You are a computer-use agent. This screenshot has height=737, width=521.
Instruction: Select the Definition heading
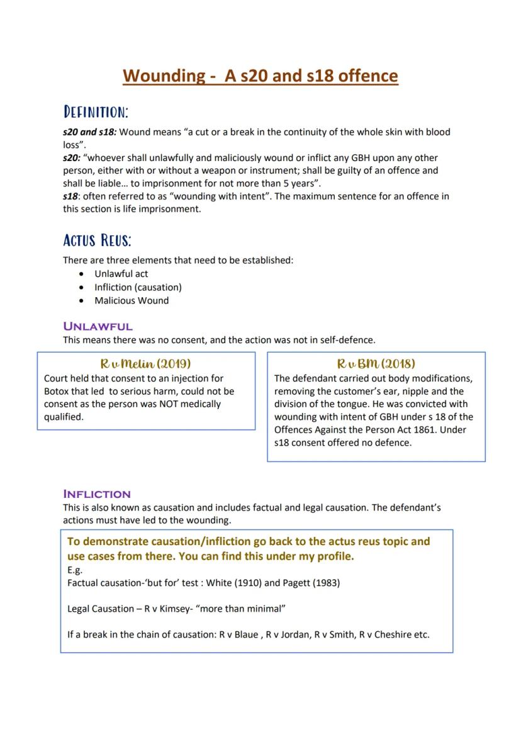point(96,112)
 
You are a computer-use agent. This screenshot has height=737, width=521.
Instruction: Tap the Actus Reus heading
point(97,240)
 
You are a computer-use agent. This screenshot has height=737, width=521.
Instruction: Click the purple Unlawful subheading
point(98,326)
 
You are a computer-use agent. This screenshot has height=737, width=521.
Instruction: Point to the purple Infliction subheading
point(97,494)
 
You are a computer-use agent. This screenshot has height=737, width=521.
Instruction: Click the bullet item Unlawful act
point(121,274)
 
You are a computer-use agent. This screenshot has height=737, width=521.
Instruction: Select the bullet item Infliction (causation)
point(138,287)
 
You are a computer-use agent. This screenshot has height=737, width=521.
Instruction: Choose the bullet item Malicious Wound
point(132,300)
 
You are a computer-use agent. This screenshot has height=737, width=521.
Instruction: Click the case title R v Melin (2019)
point(145,364)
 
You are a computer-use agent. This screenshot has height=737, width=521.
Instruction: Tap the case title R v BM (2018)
point(376,364)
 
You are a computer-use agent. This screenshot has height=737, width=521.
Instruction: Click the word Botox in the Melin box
point(57,391)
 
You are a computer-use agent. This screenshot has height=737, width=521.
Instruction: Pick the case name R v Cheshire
point(386,634)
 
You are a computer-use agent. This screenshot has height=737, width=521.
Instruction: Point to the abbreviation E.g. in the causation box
point(75,570)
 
